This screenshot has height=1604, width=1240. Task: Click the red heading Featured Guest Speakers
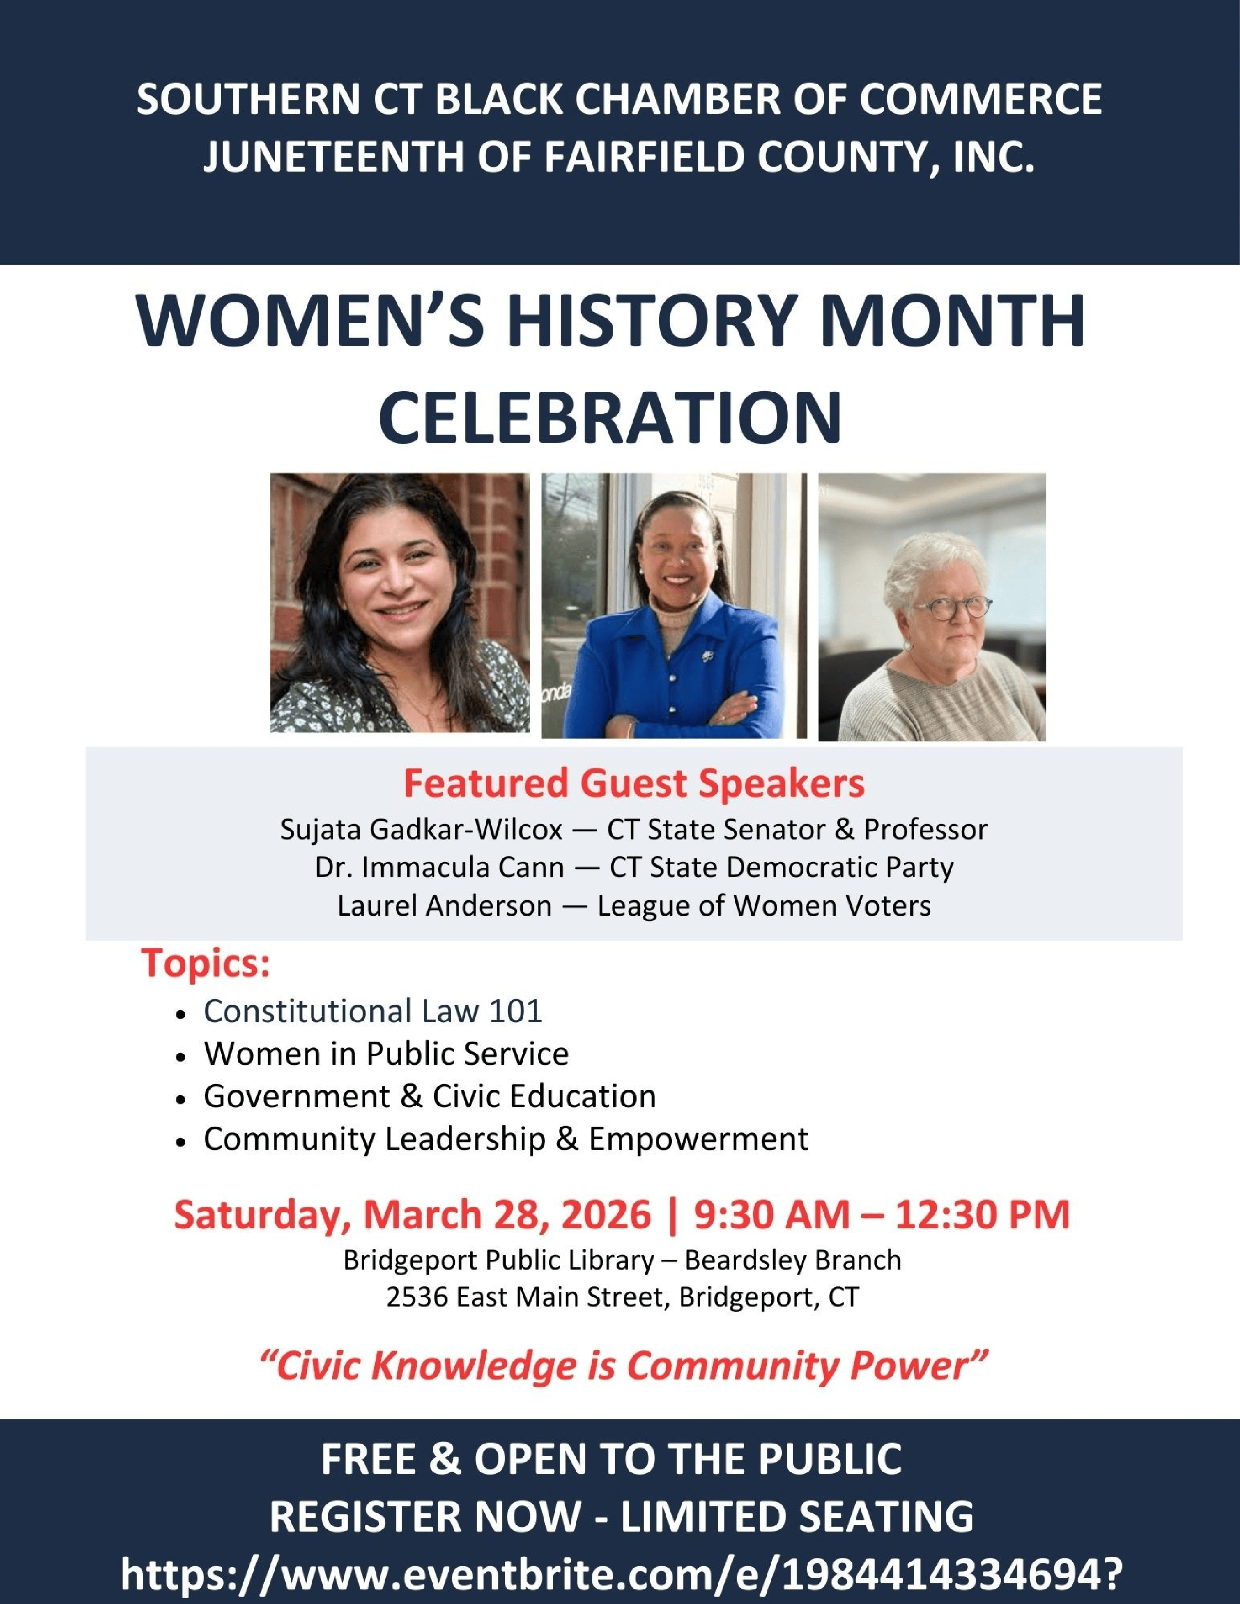click(x=634, y=783)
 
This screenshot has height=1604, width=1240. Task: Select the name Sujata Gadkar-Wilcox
click(x=421, y=829)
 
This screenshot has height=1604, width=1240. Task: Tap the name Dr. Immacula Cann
click(x=439, y=867)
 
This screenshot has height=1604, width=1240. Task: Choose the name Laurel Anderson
click(x=443, y=906)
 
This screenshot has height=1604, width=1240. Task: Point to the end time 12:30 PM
click(x=982, y=1214)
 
